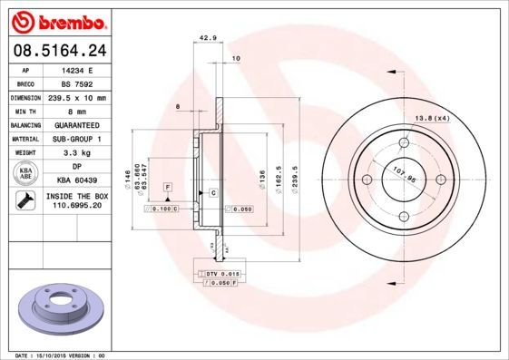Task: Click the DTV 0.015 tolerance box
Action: (x=219, y=273)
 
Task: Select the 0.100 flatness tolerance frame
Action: (x=162, y=209)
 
